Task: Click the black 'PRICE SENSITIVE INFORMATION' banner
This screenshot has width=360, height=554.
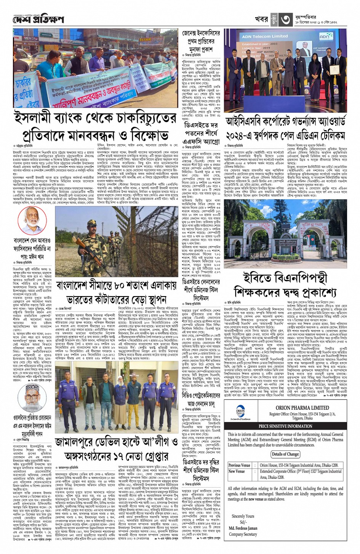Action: pyautogui.click(x=285, y=426)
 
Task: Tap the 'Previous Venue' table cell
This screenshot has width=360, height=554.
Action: pyautogui.click(x=239, y=465)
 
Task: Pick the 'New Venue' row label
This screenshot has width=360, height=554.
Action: pyautogui.click(x=237, y=471)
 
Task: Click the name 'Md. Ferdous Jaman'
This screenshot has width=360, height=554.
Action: pyautogui.click(x=243, y=528)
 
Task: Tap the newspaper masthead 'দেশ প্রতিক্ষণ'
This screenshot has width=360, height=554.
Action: pyautogui.click(x=38, y=19)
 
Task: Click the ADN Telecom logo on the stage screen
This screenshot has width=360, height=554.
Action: pyautogui.click(x=325, y=36)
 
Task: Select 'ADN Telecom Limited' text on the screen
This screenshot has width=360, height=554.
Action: pyautogui.click(x=265, y=36)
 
